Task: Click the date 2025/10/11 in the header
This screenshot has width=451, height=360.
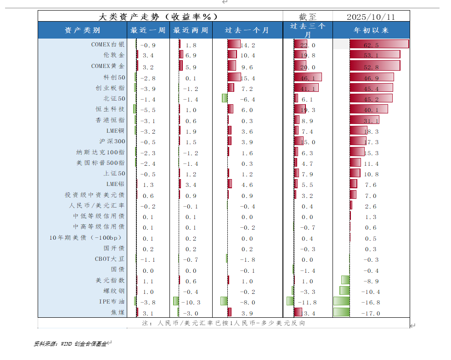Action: click(371, 17)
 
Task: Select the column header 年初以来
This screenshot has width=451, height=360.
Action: click(371, 30)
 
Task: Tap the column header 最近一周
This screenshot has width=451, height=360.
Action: click(148, 30)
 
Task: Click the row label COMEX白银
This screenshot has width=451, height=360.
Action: click(108, 45)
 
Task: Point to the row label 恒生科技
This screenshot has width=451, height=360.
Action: click(110, 109)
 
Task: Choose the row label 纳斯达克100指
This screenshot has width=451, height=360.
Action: click(101, 152)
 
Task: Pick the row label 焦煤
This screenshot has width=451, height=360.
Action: click(118, 313)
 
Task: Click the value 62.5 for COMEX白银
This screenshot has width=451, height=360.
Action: click(371, 45)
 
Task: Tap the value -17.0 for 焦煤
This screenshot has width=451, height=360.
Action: click(371, 313)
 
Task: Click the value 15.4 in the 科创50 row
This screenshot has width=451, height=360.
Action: click(248, 78)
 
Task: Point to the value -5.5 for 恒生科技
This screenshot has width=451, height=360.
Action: click(148, 110)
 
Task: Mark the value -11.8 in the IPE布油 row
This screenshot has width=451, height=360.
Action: click(308, 303)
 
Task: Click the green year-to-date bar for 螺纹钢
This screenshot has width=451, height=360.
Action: click(344, 291)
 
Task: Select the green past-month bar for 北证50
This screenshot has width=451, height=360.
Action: click(225, 98)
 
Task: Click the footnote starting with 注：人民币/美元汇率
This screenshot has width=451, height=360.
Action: click(224, 323)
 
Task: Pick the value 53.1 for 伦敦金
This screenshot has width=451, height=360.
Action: click(371, 56)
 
